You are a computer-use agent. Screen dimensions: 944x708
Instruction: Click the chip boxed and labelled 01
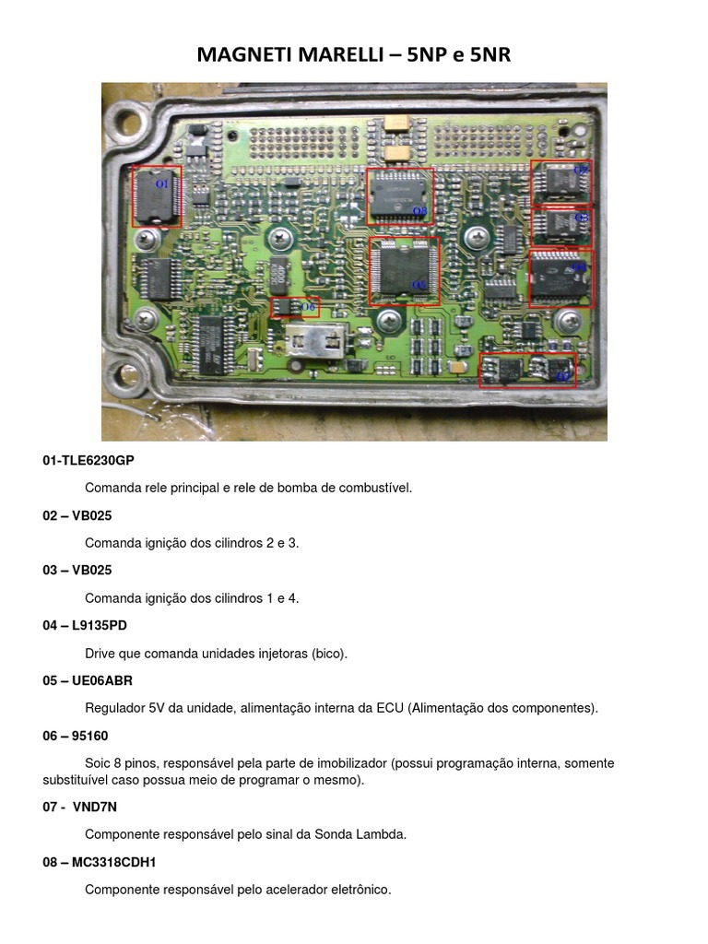click(157, 195)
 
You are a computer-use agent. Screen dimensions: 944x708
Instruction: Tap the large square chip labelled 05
click(404, 270)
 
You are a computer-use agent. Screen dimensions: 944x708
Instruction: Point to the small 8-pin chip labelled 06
click(288, 307)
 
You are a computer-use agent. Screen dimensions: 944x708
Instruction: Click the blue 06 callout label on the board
click(308, 306)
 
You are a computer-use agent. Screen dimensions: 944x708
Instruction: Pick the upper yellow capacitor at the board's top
click(399, 124)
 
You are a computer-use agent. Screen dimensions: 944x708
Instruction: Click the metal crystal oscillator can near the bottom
click(314, 343)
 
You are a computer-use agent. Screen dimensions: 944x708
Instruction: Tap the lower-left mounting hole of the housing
click(121, 376)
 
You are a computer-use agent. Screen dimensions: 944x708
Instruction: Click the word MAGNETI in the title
click(242, 55)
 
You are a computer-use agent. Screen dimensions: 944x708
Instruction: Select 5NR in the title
click(490, 55)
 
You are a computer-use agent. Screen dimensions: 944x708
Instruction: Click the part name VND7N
click(94, 807)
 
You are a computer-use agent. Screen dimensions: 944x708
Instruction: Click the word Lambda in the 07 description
click(382, 834)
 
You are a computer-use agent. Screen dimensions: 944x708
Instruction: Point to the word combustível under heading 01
click(373, 488)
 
